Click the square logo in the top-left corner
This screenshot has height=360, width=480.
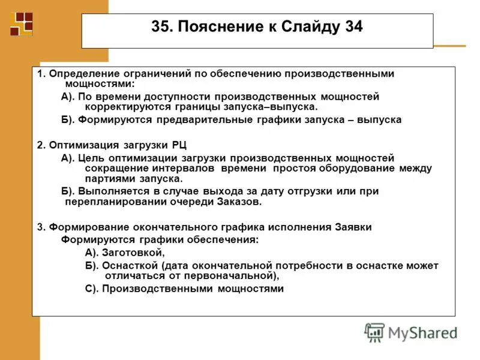[x=22, y=23]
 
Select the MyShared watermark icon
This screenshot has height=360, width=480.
[x=374, y=332]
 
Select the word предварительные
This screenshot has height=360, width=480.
[x=178, y=120]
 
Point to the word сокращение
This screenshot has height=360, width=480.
[x=113, y=169]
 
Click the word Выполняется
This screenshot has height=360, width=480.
[x=115, y=191]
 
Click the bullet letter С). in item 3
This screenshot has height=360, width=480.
[x=91, y=289]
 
